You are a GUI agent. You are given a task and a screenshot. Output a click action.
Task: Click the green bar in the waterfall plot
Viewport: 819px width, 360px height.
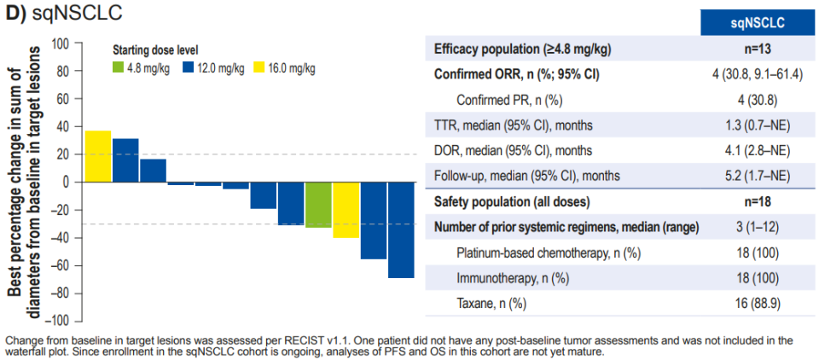pyautogui.click(x=318, y=205)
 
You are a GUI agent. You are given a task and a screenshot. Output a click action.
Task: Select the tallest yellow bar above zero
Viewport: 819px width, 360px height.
pyautogui.click(x=98, y=156)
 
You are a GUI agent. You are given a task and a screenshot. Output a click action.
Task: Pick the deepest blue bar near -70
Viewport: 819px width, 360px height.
pyautogui.click(x=401, y=229)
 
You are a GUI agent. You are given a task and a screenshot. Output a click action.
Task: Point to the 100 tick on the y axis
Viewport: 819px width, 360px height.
pyautogui.click(x=60, y=44)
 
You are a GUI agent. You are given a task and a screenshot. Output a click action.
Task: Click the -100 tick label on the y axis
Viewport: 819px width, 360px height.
pyautogui.click(x=56, y=322)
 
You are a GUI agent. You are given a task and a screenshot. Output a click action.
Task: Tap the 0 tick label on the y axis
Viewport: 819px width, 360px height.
pyautogui.click(x=65, y=183)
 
